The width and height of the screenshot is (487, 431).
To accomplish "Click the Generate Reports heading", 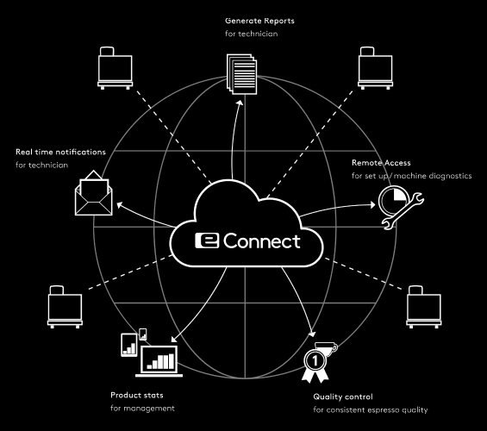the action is click(x=259, y=21).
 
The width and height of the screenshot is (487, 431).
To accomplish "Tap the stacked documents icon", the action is click(x=242, y=74).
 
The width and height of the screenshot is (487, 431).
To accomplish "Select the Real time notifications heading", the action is click(x=60, y=152).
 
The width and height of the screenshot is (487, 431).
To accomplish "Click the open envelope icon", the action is click(x=93, y=193).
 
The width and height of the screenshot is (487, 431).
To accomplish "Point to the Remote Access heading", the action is click(x=381, y=163).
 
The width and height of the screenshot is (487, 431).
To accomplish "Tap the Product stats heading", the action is click(x=137, y=395).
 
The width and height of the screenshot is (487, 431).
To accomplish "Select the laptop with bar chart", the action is click(x=159, y=361).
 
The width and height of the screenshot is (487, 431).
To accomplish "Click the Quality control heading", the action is click(x=343, y=397).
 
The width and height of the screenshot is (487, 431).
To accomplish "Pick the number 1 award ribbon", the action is click(x=315, y=365).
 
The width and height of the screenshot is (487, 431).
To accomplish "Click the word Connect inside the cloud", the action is click(x=262, y=241).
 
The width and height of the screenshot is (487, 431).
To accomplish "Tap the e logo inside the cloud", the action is click(x=207, y=240).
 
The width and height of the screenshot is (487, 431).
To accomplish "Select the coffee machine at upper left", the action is click(x=116, y=68).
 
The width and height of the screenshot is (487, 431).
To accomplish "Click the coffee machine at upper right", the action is click(x=376, y=68).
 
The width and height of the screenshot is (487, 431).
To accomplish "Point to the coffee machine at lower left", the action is click(x=65, y=307).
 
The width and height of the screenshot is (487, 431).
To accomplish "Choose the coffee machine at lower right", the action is click(x=423, y=307).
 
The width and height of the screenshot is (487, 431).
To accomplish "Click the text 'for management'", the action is click(x=142, y=408).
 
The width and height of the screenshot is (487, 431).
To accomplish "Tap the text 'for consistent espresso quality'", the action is click(x=371, y=410).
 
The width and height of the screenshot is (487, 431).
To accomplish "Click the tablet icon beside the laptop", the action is click(x=129, y=345).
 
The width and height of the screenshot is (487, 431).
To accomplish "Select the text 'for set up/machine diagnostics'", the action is click(x=411, y=176).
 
